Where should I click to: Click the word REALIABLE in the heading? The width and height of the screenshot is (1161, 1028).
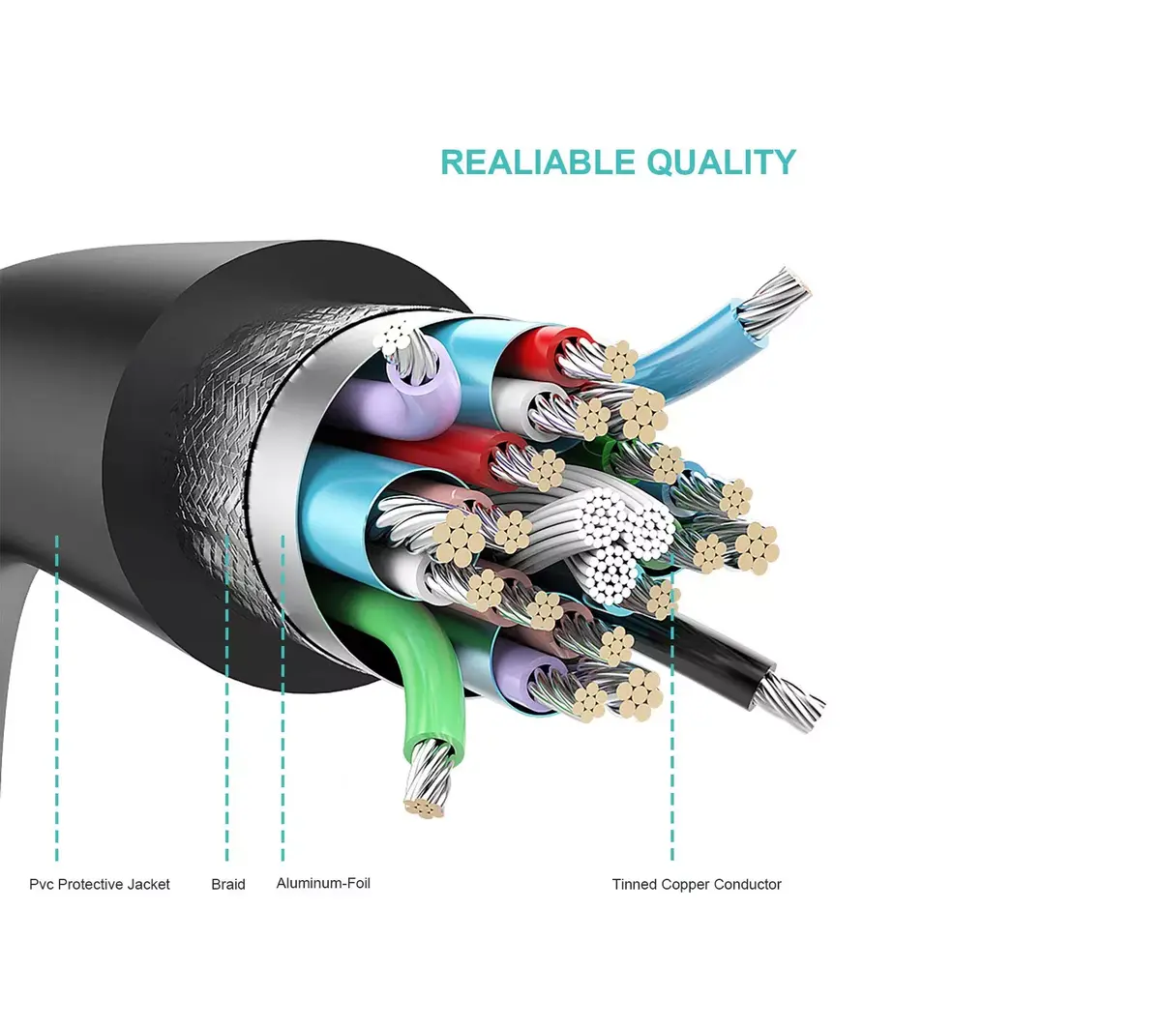click(538, 162)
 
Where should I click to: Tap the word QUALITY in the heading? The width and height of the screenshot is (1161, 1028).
click(722, 162)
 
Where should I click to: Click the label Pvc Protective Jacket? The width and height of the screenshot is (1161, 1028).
click(99, 884)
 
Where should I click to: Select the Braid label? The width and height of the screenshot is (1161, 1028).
click(228, 884)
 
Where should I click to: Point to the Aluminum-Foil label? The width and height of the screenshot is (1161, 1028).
click(323, 883)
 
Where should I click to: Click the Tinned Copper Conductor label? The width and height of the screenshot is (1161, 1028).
click(697, 884)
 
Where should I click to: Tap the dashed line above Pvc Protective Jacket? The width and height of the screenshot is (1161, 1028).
click(57, 697)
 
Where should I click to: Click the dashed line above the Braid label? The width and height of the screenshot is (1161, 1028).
click(227, 697)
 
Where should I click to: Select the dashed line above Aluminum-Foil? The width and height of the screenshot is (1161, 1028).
click(283, 697)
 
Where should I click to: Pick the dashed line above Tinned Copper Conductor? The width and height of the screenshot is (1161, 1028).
click(672, 707)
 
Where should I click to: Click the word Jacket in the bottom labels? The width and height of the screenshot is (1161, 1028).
click(148, 884)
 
